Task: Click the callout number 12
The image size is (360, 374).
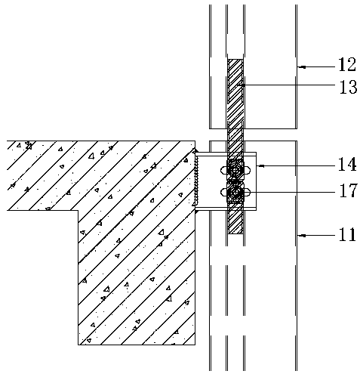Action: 346,64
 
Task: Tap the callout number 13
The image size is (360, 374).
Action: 348,87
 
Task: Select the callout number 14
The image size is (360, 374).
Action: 347,164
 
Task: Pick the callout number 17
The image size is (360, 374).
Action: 348,190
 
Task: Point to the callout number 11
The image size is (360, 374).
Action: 347,234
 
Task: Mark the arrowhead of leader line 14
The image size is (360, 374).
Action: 261,166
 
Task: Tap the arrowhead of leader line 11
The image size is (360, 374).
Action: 302,236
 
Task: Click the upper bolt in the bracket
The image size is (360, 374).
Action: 235,171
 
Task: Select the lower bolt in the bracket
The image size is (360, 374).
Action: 235,193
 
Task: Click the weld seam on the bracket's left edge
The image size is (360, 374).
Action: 197,180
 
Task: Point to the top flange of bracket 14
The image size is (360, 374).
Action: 226,153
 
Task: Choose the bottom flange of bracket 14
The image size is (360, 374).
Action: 226,209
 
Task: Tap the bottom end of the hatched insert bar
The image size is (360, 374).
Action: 235,234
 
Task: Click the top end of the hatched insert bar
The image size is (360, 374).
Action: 235,60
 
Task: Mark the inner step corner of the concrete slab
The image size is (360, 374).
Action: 78,210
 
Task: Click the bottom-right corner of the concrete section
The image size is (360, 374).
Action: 195,345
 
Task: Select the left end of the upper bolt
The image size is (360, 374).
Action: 221,171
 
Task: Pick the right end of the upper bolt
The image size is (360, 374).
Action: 250,171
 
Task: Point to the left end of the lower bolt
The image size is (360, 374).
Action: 221,193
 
